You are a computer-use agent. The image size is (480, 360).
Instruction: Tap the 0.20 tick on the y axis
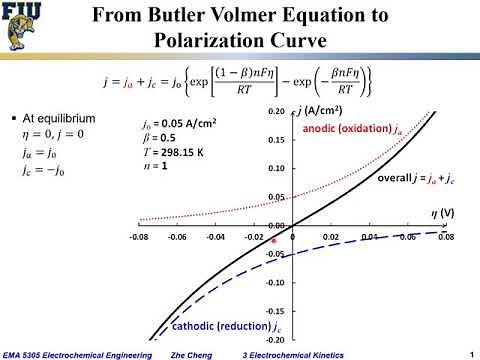tap(275, 113)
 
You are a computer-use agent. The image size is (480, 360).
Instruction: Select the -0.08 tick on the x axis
tap(140, 239)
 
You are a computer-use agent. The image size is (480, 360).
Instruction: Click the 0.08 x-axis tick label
tap(445, 239)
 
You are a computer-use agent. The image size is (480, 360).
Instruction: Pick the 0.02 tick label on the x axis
tap(331, 239)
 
